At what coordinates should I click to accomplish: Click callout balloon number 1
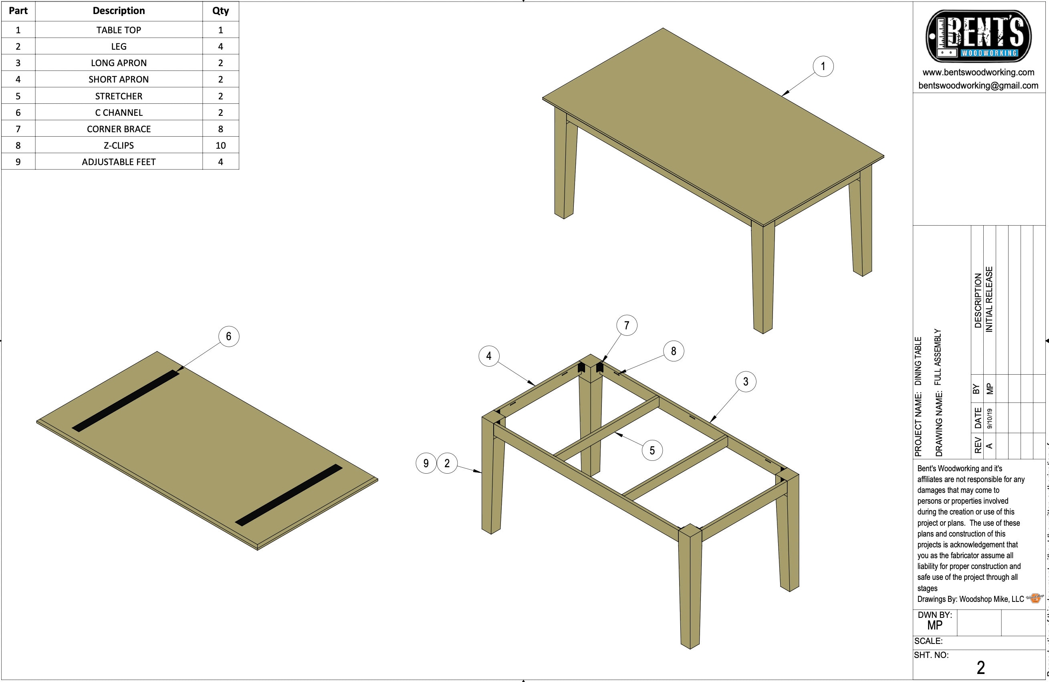[823, 67]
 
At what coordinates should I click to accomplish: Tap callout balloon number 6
[229, 336]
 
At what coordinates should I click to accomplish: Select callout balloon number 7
[626, 325]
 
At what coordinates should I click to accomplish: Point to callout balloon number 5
[652, 450]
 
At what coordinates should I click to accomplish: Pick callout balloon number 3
[745, 381]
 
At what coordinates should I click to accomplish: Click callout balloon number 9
[426, 463]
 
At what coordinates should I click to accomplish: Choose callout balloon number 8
[673, 351]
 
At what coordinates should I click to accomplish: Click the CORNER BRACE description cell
[119, 129]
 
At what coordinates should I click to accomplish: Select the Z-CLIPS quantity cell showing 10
[220, 145]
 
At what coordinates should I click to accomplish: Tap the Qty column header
[220, 11]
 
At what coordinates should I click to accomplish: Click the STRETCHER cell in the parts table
[119, 96]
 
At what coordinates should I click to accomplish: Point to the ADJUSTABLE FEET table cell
[119, 162]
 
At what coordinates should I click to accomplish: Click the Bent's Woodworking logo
[978, 36]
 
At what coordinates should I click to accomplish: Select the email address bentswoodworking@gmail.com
[978, 85]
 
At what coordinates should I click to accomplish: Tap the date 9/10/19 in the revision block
[990, 418]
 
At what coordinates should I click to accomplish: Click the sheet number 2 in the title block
[981, 668]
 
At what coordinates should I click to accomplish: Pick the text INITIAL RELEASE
[989, 299]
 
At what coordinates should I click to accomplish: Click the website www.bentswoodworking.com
[978, 72]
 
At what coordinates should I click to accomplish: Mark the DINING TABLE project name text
[918, 361]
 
